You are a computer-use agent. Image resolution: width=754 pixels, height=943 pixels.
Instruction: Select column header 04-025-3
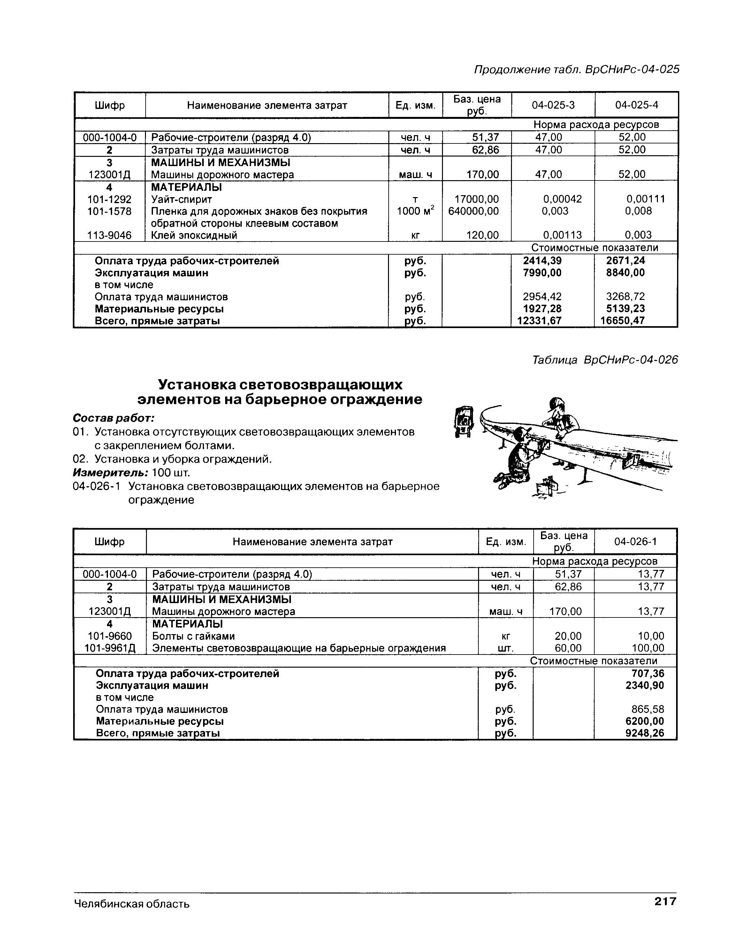click(553, 105)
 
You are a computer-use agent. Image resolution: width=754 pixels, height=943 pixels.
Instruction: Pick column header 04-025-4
click(636, 105)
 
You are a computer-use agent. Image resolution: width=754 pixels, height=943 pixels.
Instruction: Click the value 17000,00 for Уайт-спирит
click(473, 199)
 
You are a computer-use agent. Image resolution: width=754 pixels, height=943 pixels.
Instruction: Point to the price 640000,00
click(473, 211)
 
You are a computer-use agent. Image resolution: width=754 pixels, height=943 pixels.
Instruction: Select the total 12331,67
click(539, 321)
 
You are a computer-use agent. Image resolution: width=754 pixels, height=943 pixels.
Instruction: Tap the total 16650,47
click(622, 321)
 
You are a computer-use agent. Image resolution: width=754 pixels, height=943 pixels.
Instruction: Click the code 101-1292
click(109, 199)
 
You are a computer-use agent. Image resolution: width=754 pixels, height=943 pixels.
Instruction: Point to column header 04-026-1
click(635, 542)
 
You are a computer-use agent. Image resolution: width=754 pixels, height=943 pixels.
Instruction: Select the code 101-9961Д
click(110, 648)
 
